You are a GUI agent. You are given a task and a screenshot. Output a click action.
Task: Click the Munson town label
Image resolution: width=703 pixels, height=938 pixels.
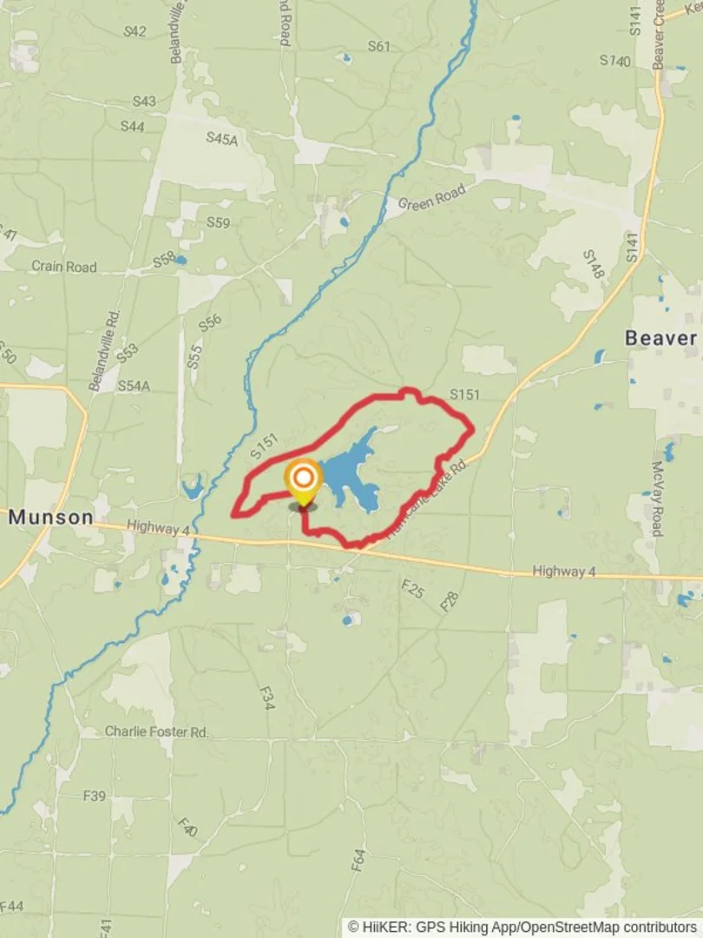(x=51, y=518)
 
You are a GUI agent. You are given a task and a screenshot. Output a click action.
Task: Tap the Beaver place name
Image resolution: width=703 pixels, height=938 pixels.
(x=661, y=338)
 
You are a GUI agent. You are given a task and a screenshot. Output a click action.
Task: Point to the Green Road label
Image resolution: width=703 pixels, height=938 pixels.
(x=431, y=198)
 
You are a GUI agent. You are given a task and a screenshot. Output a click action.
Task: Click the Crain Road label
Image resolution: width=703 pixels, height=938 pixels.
(x=64, y=267)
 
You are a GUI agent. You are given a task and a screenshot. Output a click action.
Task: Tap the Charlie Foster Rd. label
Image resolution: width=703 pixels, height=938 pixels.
(x=157, y=732)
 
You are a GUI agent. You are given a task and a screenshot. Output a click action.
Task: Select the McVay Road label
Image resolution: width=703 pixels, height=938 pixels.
(x=657, y=499)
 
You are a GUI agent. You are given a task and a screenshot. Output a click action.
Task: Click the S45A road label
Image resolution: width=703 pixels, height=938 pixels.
(x=221, y=137)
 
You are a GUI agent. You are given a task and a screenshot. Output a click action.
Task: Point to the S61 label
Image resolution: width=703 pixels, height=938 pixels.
(x=378, y=47)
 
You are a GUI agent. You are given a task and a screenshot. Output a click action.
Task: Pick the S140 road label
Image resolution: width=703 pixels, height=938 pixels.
(x=614, y=61)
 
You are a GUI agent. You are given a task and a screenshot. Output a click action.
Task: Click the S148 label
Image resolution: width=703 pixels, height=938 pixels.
(x=593, y=263)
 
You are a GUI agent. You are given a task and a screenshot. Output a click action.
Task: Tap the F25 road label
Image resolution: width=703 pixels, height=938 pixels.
(x=412, y=590)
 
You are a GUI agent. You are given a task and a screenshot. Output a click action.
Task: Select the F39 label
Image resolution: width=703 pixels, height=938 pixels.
(x=95, y=796)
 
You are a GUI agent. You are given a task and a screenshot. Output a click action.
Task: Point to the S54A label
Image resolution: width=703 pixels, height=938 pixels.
(x=134, y=385)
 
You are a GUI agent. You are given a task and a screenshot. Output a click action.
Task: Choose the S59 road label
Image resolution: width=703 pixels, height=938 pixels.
(x=218, y=223)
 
